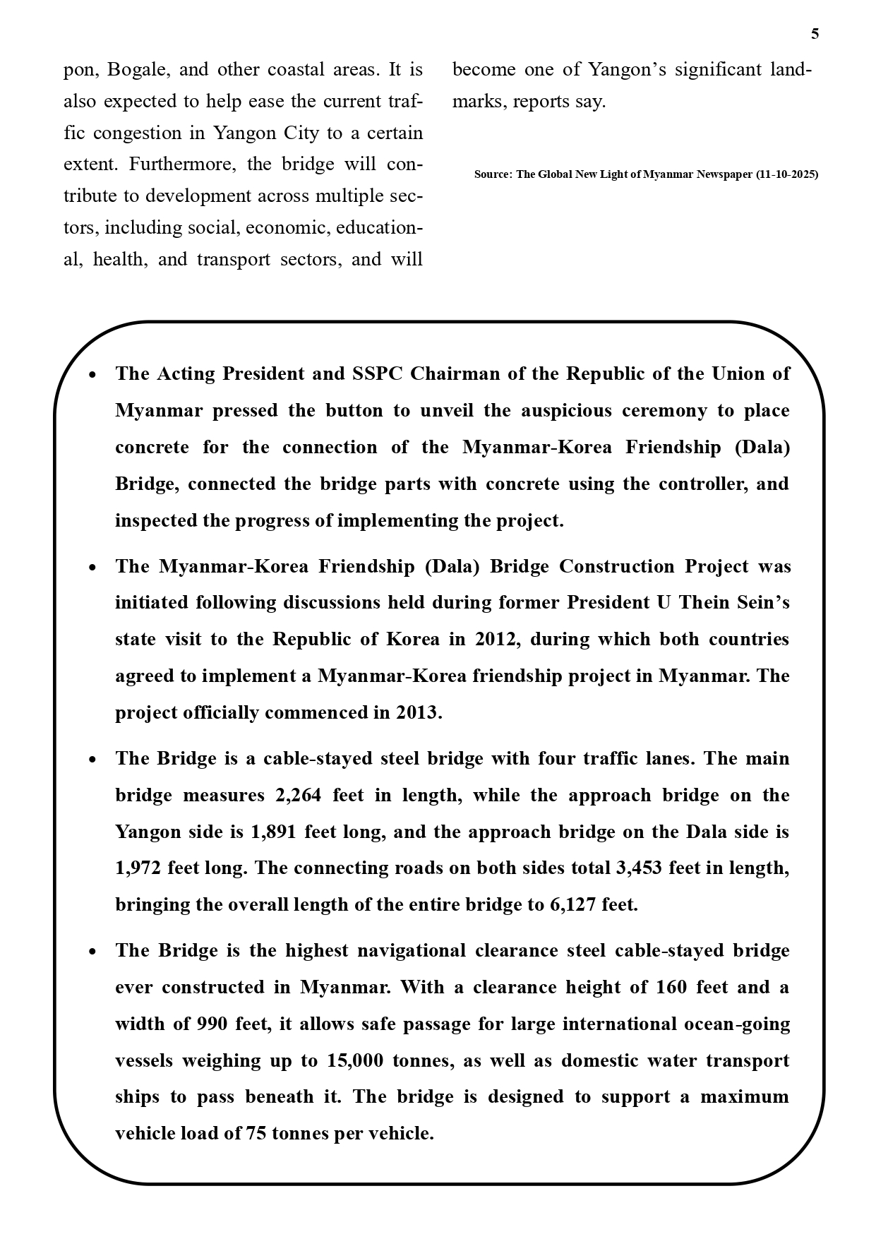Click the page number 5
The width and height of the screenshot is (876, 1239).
(x=815, y=34)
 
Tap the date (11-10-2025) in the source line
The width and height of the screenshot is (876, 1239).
(x=787, y=174)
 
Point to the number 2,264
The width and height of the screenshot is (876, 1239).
(x=298, y=795)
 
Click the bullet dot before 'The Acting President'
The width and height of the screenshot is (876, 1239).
(x=92, y=375)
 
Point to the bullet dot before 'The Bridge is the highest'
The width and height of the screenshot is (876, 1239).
(x=92, y=952)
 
